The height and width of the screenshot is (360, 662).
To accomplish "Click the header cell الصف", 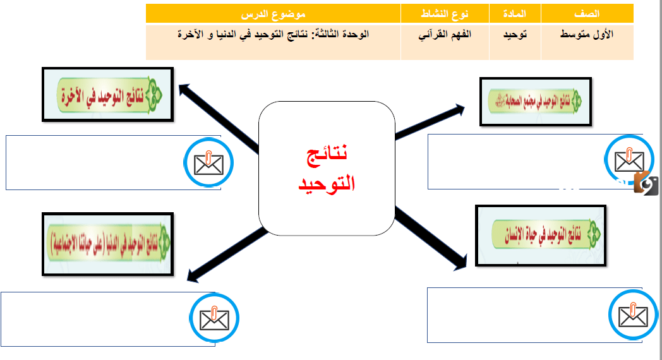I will tap(587, 13).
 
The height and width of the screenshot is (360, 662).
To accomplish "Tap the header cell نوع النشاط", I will tap(445, 13).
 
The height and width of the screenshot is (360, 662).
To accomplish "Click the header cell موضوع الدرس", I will tap(274, 13).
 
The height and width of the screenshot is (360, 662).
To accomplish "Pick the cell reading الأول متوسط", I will tap(587, 34).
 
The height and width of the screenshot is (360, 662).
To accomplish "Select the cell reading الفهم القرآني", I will tap(446, 34).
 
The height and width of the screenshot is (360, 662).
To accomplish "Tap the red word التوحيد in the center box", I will tap(326, 184).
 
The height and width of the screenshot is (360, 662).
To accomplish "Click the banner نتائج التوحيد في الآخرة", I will tap(106, 95).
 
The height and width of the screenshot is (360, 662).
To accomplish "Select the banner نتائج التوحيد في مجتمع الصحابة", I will tap(536, 102).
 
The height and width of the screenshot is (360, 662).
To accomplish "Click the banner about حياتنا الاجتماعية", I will tap(107, 243).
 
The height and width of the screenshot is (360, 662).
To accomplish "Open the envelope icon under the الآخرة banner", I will tap(209, 163).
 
